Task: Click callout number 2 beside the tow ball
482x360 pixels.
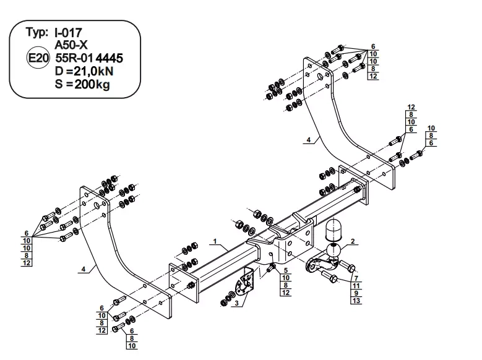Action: pos(352,242)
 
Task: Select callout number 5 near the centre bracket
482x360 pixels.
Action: pos(285,270)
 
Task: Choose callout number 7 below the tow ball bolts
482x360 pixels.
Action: pos(356,278)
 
